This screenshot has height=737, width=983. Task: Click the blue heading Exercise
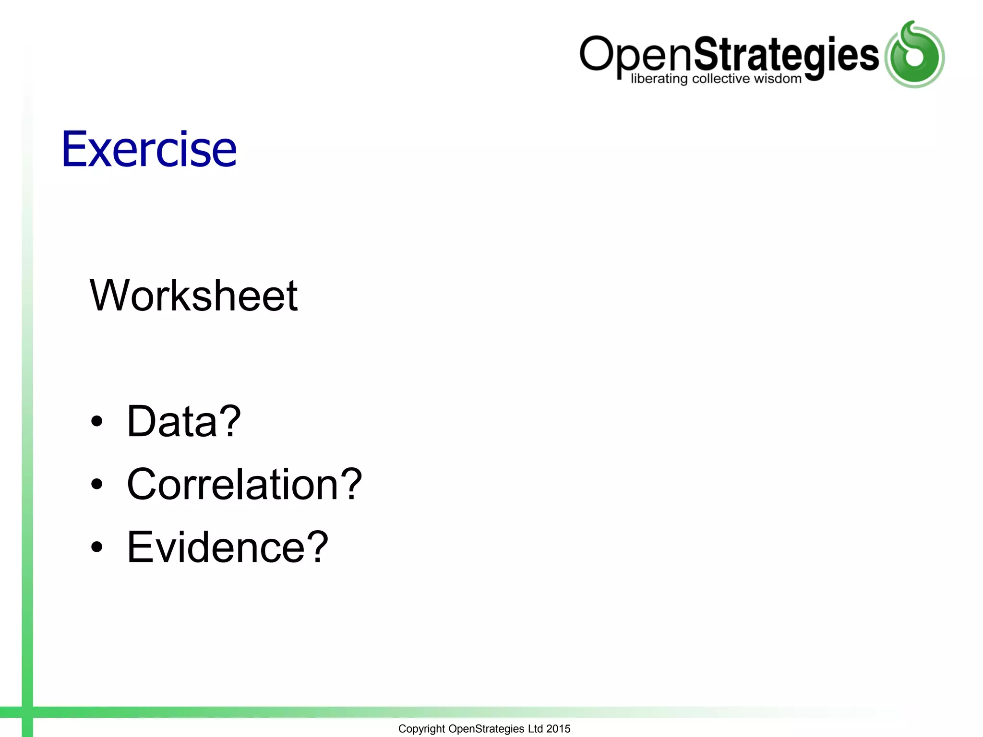149,149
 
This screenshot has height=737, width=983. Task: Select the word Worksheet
193,296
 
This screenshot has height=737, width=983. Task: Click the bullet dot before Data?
97,421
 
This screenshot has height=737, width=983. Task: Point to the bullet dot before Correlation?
97,485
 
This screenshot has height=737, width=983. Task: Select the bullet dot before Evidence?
97,547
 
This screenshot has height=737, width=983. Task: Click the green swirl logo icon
914,55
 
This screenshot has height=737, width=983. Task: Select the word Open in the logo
636,55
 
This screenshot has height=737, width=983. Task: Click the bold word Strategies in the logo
786,55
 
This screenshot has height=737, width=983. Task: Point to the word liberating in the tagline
659,79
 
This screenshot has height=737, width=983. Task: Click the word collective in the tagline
720,78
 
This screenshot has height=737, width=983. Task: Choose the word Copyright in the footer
421,729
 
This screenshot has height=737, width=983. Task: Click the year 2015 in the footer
558,728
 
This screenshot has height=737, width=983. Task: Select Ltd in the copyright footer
535,728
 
